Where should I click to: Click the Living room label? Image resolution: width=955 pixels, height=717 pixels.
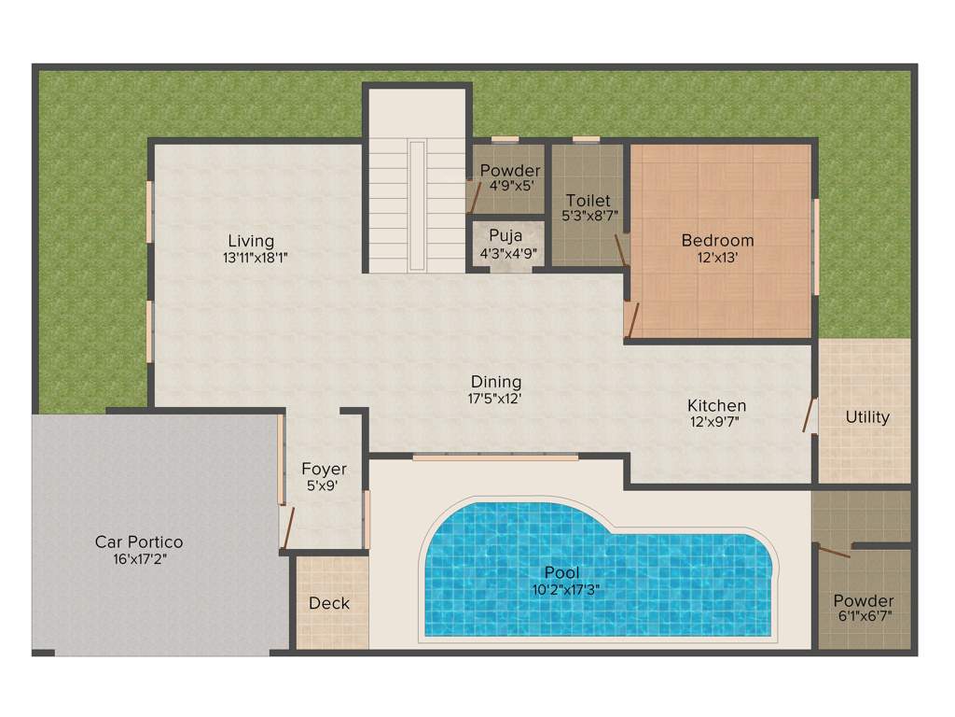coord(250,242)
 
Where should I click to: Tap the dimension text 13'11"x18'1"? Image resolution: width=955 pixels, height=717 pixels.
coord(250,259)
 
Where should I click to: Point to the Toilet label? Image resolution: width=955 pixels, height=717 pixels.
coord(588,200)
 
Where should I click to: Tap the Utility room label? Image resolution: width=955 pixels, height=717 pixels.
coord(866,417)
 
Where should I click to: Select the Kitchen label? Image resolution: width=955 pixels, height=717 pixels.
coord(716,405)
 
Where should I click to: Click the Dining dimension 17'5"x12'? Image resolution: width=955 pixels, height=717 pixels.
coord(495,398)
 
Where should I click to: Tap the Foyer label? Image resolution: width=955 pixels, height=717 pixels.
coord(324,469)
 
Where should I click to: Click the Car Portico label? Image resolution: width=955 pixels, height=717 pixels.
coord(139,541)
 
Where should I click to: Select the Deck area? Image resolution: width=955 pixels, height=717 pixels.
coord(329,603)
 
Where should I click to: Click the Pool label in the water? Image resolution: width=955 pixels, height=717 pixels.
coord(561,572)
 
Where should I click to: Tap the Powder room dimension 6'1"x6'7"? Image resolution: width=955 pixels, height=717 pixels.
coord(864,617)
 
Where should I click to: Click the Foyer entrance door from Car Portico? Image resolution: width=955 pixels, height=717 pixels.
coord(287,528)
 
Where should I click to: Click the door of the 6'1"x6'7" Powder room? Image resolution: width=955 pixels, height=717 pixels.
coord(833,551)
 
